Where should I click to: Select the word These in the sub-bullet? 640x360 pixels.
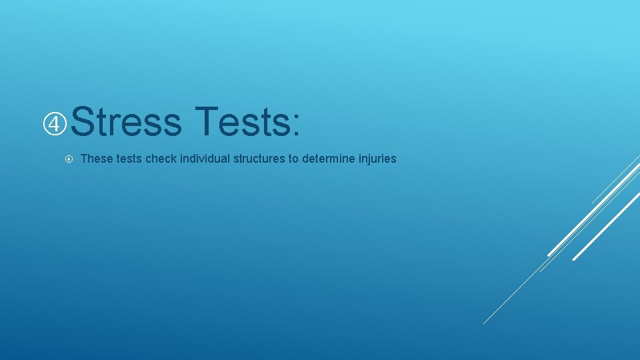tap(94, 159)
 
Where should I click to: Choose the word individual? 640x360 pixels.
tap(203, 159)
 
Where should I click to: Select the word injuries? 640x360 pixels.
tap(377, 159)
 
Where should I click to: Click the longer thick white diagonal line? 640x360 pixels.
tap(593, 207)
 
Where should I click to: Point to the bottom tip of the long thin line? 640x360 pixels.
tap(484, 323)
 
